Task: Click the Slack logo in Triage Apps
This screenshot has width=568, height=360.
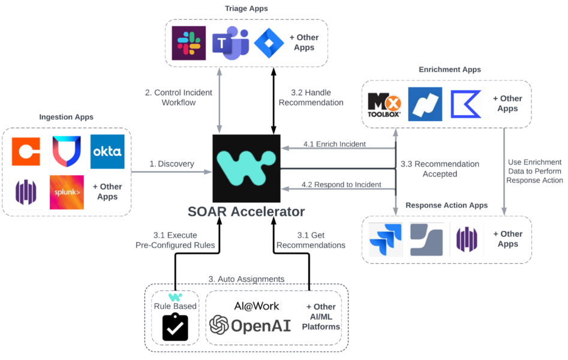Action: click(x=189, y=43)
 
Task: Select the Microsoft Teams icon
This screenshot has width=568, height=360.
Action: click(x=230, y=43)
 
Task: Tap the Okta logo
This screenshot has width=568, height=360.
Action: click(x=107, y=151)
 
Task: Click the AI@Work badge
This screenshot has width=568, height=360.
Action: click(x=256, y=306)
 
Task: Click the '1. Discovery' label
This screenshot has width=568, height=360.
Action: click(x=172, y=164)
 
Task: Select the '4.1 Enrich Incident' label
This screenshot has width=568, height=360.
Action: click(x=333, y=144)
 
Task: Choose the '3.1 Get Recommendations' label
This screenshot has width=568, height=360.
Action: click(x=311, y=240)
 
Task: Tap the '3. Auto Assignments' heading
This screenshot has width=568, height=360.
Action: click(x=246, y=279)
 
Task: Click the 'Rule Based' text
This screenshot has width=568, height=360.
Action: click(x=175, y=307)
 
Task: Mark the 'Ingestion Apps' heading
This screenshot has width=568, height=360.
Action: click(x=66, y=116)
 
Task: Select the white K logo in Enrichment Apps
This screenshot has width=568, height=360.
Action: click(x=465, y=104)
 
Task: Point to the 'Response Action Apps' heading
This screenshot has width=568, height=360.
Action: click(x=446, y=205)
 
